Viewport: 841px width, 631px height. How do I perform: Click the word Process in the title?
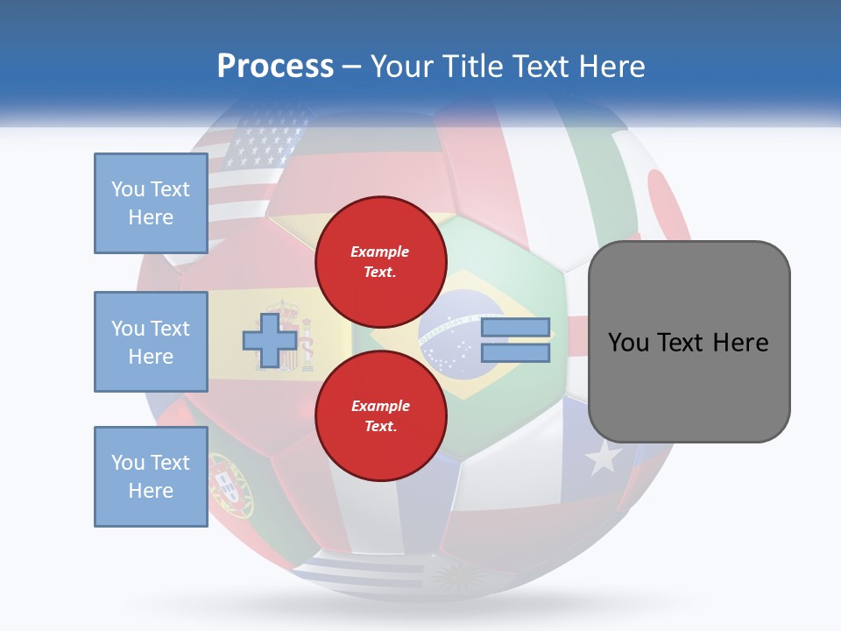tap(275, 67)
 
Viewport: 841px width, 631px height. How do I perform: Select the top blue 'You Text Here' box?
tap(151, 203)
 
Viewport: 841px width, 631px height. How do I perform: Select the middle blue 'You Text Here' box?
tap(151, 342)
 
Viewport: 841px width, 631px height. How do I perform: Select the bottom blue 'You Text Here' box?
tap(151, 477)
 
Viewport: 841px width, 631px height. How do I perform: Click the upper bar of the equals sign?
tap(516, 328)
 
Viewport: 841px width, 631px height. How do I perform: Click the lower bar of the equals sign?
tap(516, 353)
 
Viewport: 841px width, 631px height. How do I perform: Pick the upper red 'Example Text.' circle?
tap(381, 261)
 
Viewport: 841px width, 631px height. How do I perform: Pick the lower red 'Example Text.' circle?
tap(381, 415)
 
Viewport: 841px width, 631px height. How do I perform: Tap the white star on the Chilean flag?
tap(603, 457)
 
